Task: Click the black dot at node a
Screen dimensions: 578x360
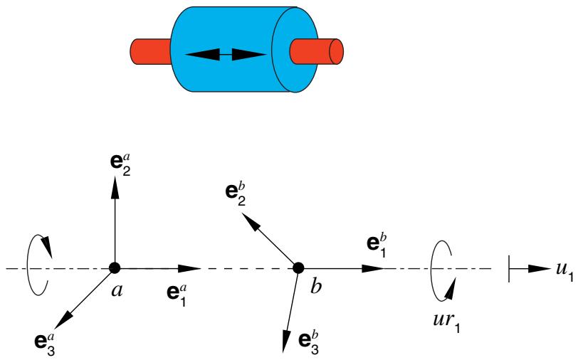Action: [115, 268]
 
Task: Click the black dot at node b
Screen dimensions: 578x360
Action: [298, 268]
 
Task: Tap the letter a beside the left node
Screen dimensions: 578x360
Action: [117, 291]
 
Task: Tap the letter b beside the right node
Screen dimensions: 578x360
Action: [316, 286]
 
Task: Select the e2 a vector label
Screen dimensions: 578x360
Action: [120, 165]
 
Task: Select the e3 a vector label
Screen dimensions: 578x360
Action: [45, 344]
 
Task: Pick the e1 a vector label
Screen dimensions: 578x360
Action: [177, 295]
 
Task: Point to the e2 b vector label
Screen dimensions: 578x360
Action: [236, 195]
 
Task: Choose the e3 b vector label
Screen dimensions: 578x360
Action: [308, 343]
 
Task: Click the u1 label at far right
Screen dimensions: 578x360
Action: [564, 271]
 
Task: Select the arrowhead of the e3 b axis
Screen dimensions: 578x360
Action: [286, 339]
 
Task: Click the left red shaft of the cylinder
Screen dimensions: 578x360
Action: [151, 51]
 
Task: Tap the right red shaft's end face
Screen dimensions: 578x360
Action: [336, 52]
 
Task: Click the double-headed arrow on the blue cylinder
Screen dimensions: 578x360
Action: [226, 55]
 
